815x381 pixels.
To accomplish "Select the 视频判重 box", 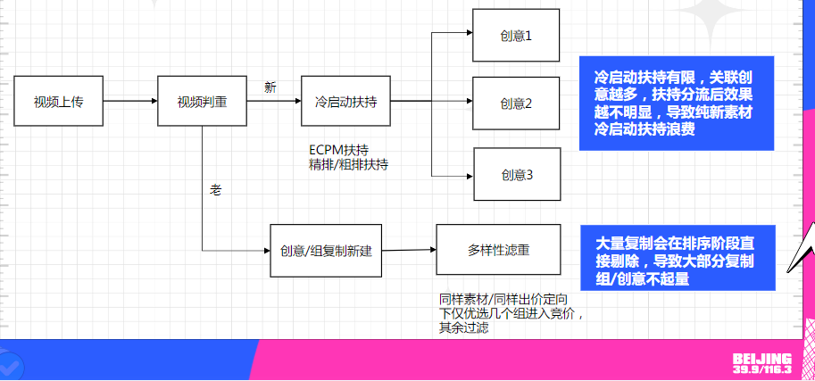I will [201, 103].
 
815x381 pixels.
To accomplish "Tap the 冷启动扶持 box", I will [345, 103].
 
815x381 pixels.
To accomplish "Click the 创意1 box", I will [516, 36].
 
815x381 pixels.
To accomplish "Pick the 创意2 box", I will [516, 104].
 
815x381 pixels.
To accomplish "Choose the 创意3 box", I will [516, 175].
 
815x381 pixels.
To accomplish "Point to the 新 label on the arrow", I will [270, 87].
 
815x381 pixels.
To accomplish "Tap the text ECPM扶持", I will [338, 150].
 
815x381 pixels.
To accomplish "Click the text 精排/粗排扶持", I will [347, 164].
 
